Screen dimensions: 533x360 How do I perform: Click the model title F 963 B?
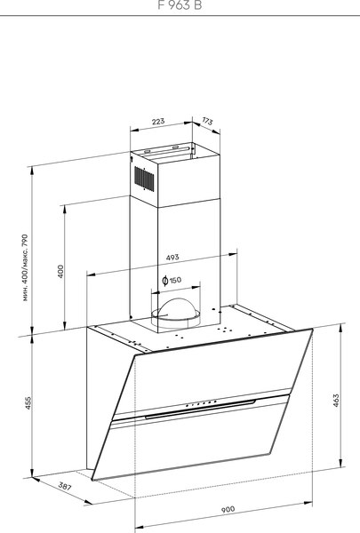[180, 5]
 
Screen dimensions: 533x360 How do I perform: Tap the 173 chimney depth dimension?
[207, 121]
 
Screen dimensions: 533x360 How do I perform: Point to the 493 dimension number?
[172, 258]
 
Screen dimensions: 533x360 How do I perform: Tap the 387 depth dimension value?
[40, 487]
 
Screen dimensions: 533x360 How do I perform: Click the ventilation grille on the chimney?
[142, 177]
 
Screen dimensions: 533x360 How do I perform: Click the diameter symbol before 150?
[165, 281]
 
